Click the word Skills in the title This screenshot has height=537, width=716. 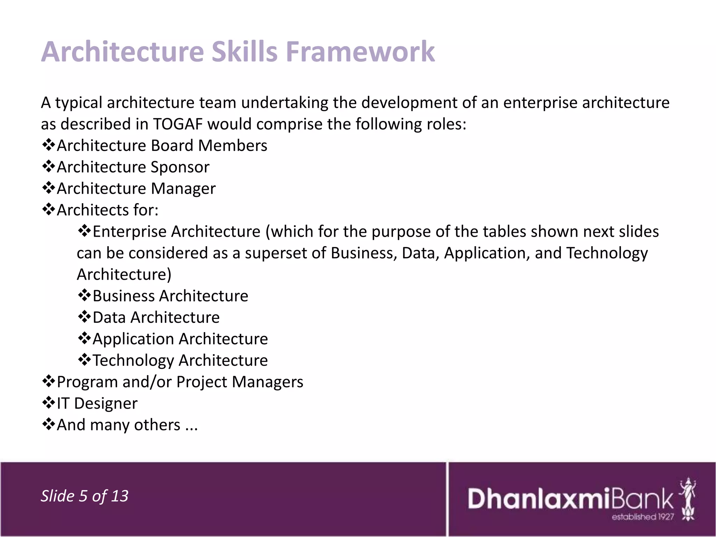pos(245,52)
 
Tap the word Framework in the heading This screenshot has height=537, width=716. pos(360,52)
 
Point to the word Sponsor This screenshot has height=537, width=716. pos(180,167)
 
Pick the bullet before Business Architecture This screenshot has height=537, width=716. pos(84,295)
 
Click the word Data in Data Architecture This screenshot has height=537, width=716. pos(109,317)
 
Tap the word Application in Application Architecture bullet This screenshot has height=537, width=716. pos(133,339)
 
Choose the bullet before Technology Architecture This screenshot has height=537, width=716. pos(84,360)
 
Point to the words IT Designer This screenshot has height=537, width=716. pos(97,403)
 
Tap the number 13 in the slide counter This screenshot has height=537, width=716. pos(120,496)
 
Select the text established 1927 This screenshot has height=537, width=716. pos(643,517)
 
